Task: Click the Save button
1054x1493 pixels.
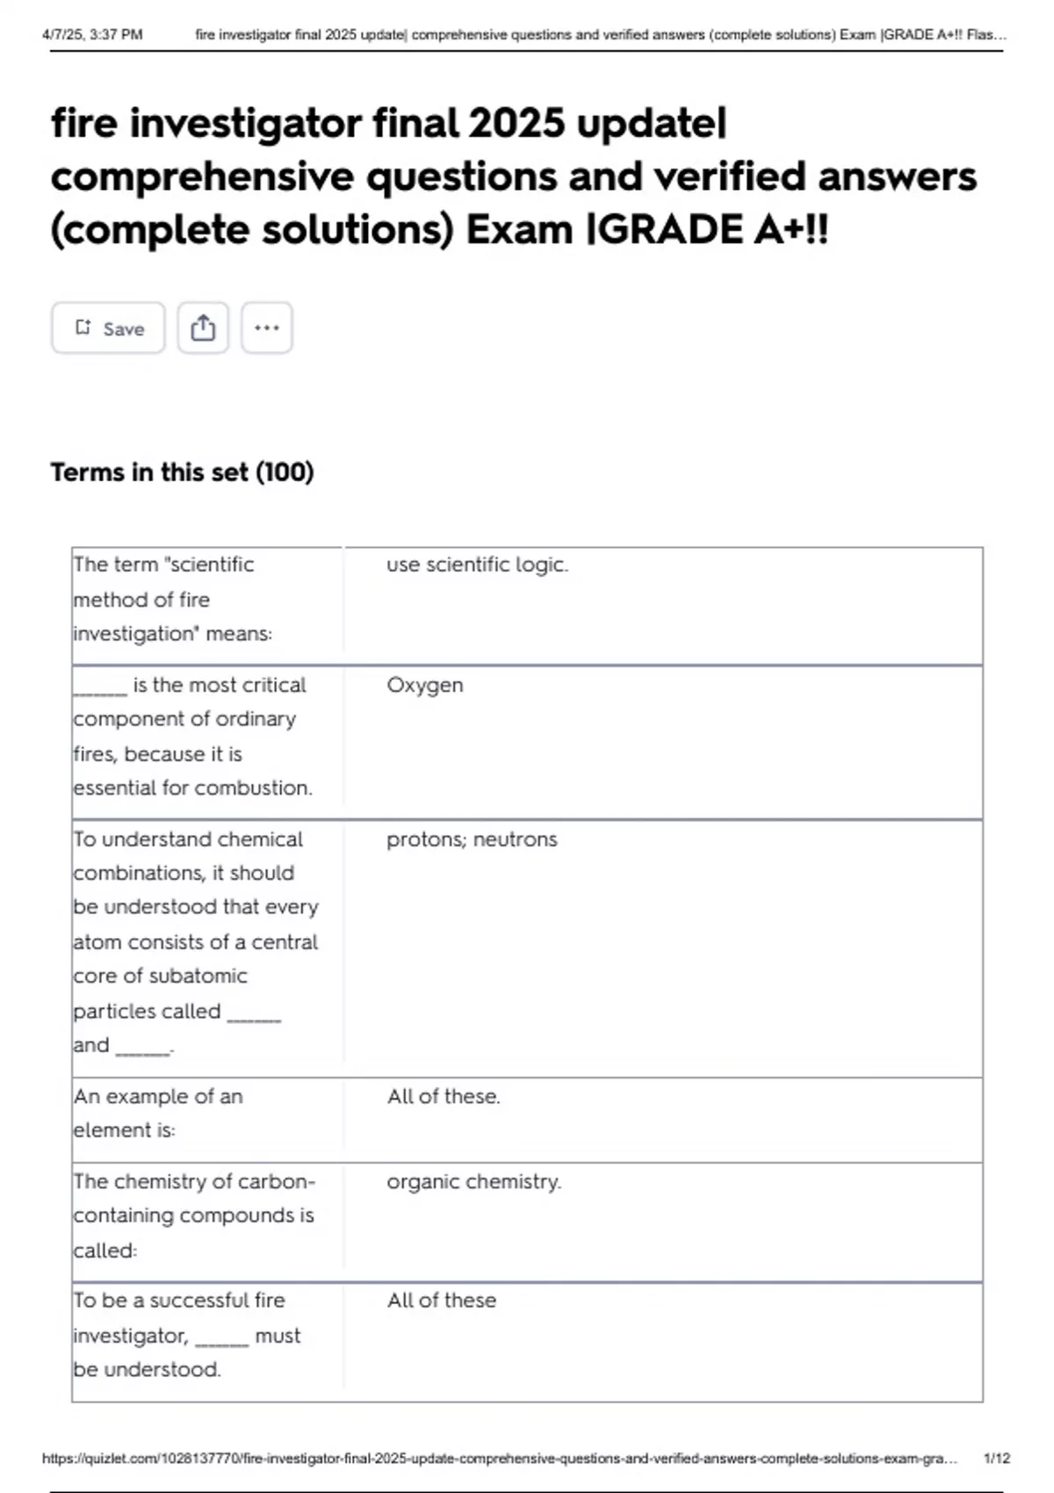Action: (x=108, y=328)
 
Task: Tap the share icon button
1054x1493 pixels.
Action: (x=203, y=328)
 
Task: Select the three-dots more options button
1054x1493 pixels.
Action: (x=266, y=328)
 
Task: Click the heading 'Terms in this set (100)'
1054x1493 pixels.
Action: (x=182, y=472)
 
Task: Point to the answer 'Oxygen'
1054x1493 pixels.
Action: (x=424, y=685)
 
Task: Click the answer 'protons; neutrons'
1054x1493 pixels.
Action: (x=472, y=840)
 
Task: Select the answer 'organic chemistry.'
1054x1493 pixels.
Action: (x=473, y=1182)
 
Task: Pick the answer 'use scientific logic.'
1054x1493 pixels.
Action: (x=477, y=565)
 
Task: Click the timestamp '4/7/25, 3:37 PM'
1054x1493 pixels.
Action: (x=92, y=35)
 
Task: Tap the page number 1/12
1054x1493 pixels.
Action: (x=997, y=1458)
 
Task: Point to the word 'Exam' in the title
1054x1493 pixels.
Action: (x=519, y=230)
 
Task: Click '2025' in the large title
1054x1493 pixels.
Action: (x=517, y=123)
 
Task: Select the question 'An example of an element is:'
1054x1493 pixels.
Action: (x=158, y=1113)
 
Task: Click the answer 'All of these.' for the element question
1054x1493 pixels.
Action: (x=444, y=1097)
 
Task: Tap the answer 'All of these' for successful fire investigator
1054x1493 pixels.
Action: (x=442, y=1301)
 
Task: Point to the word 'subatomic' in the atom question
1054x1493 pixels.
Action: (x=198, y=977)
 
